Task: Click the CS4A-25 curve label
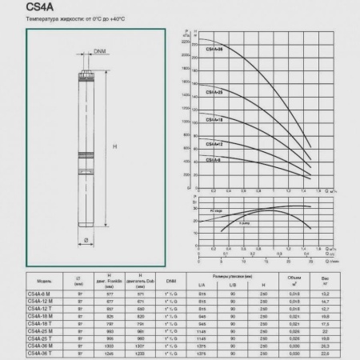click(x=214, y=92)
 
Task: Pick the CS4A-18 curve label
click(x=214, y=119)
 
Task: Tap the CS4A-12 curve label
click(x=214, y=144)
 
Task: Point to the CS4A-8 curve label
click(x=213, y=160)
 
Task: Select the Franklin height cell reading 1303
click(x=110, y=343)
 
